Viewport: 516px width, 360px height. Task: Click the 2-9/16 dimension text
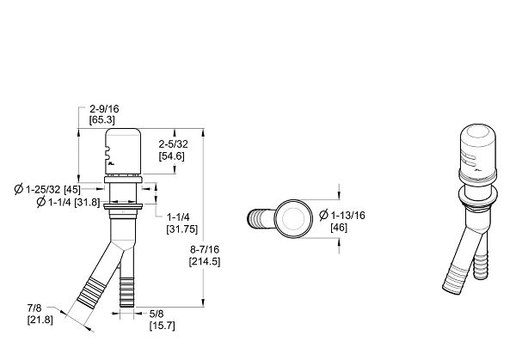(104, 109)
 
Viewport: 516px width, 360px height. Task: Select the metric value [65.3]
(102, 119)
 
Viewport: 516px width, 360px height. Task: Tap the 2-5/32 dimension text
(174, 144)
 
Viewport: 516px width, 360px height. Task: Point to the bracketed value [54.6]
(171, 156)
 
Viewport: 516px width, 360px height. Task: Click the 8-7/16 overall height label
(205, 249)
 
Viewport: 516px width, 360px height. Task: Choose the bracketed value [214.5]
(205, 262)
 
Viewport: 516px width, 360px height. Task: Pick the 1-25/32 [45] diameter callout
(47, 189)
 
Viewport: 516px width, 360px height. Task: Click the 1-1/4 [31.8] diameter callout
(68, 202)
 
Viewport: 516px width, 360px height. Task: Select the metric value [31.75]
(182, 229)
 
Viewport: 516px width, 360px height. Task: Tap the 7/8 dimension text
(34, 308)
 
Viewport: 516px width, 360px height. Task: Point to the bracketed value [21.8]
(40, 320)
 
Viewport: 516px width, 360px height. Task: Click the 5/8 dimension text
(157, 314)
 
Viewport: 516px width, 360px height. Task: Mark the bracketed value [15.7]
(163, 326)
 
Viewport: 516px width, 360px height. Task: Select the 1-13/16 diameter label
(342, 216)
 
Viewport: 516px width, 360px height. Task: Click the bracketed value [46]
(339, 228)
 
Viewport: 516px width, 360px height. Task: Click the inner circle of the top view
(293, 218)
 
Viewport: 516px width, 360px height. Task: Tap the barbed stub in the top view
(261, 218)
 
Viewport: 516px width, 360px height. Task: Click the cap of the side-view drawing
(123, 151)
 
